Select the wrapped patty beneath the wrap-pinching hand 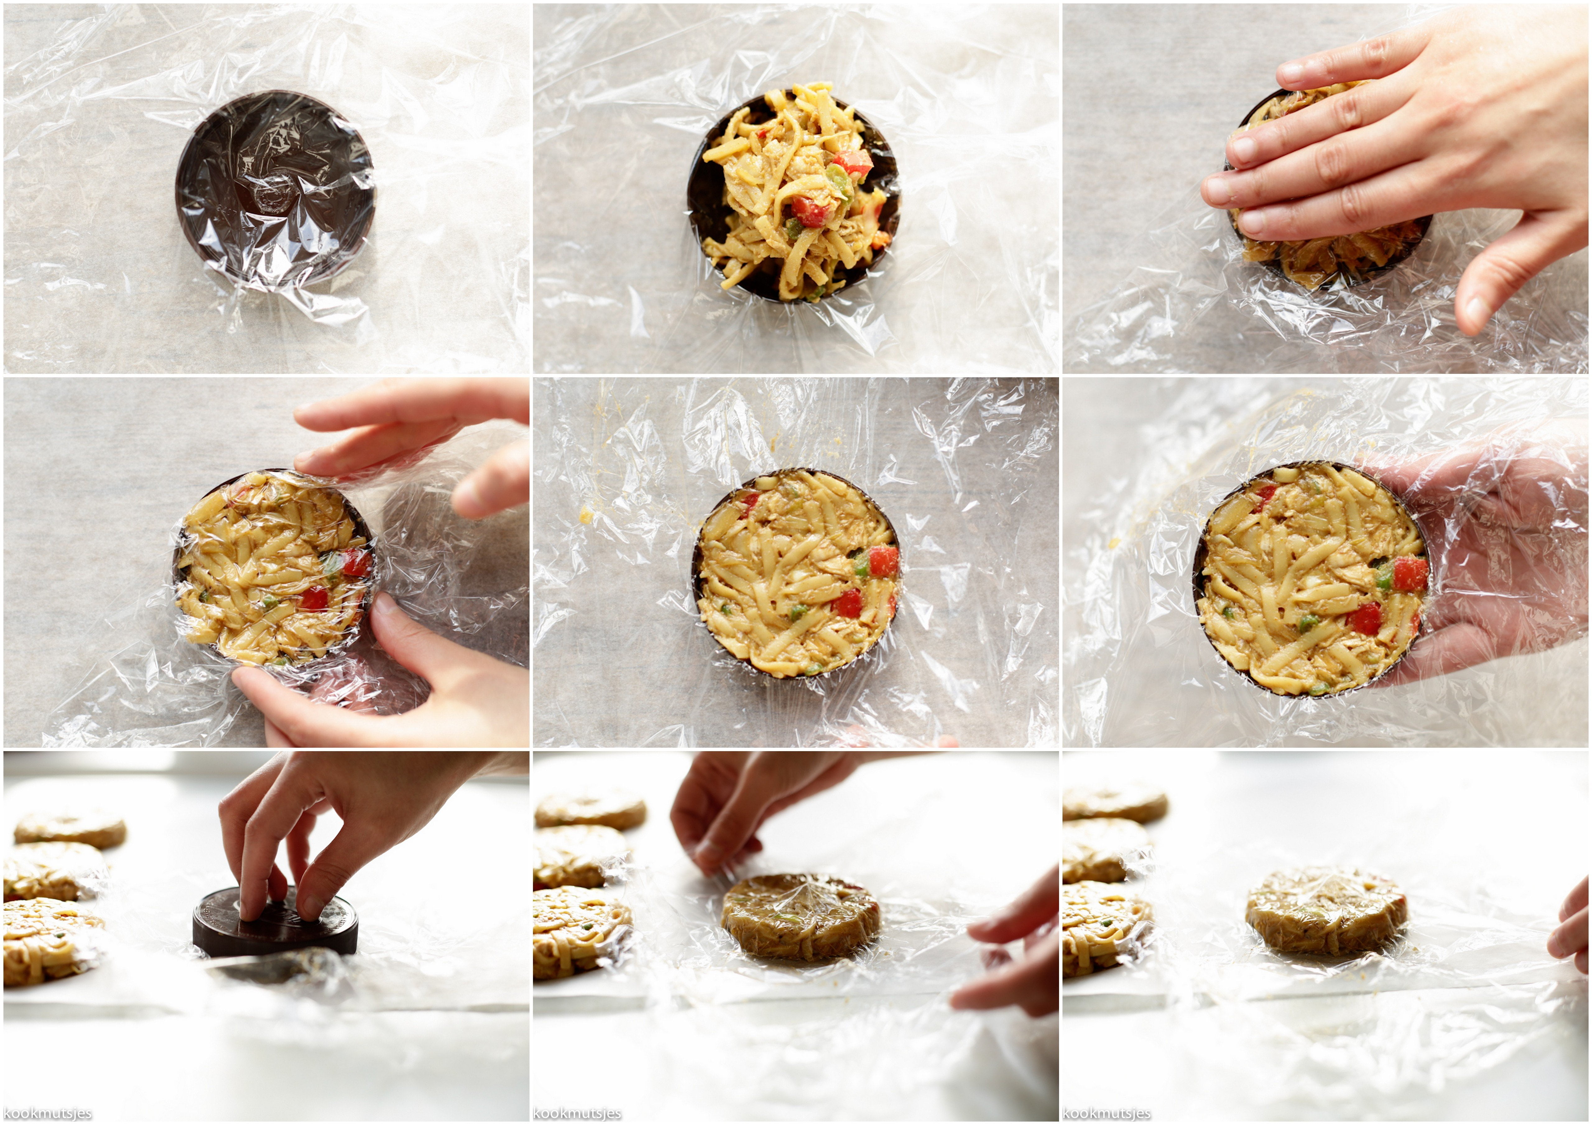[801, 915]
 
